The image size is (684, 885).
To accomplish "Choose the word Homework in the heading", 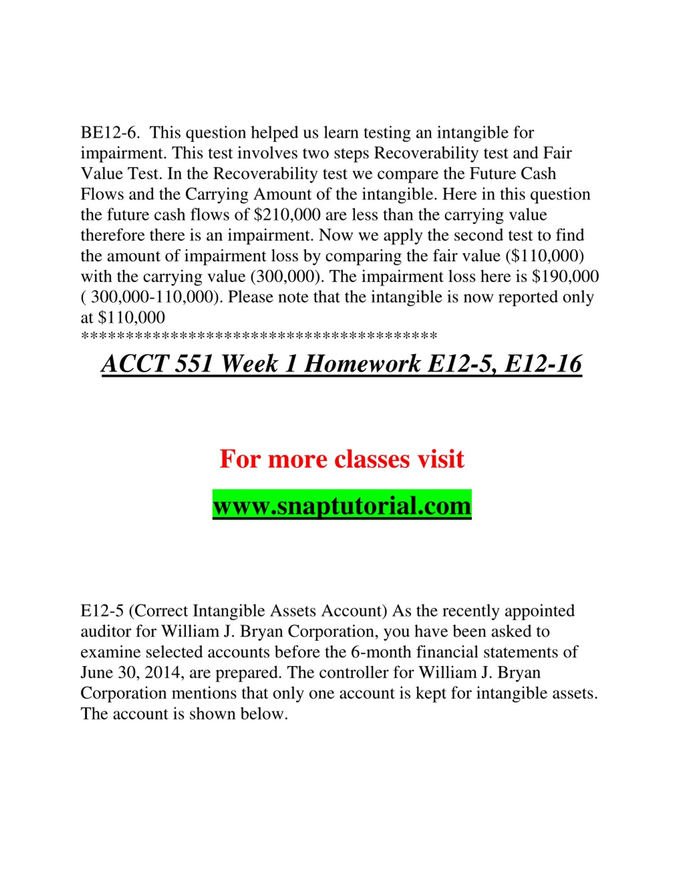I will tap(362, 364).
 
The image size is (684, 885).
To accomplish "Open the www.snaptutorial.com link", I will tap(341, 506).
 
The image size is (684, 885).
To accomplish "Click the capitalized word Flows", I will tap(102, 194).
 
